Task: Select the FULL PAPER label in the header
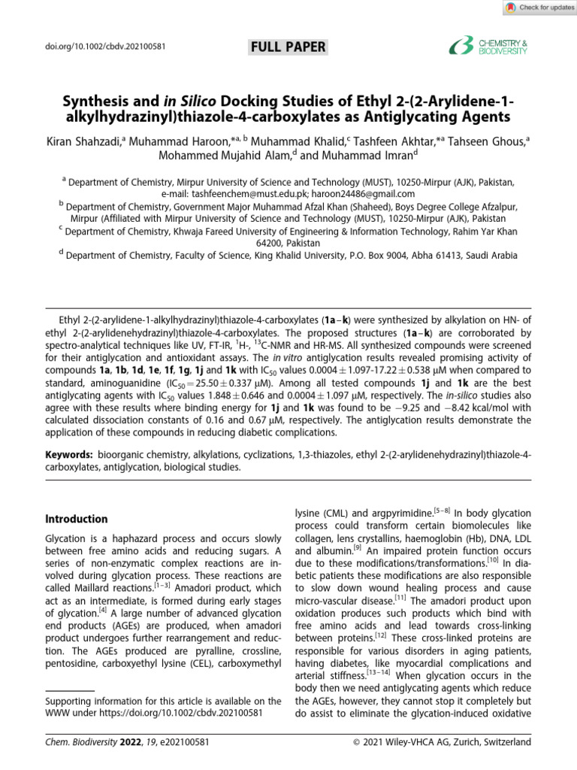pyautogui.click(x=288, y=47)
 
